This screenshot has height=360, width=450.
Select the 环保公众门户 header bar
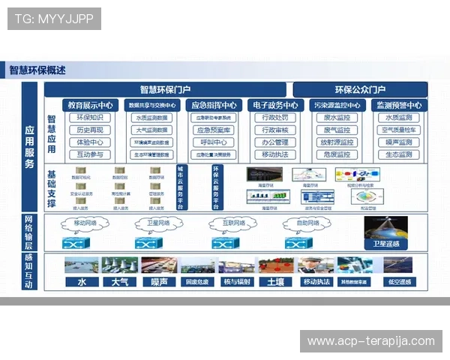pos(360,89)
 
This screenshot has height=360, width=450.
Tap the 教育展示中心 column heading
pos(90,106)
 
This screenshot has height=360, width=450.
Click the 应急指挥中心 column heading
pos(214,106)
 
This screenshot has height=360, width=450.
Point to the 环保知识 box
pos(90,118)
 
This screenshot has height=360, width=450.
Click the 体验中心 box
pos(90,142)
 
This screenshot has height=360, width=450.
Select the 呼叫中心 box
pos(214,142)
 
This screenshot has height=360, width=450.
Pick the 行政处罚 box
pos(275,118)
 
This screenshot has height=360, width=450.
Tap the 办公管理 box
pos(275,142)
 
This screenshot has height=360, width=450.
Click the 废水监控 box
pos(336,118)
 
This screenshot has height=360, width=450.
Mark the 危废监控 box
pos(336,154)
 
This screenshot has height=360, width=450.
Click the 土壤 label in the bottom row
pos(274,282)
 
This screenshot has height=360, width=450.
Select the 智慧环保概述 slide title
pos(37,70)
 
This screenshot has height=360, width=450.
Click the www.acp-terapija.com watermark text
pos(371,341)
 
